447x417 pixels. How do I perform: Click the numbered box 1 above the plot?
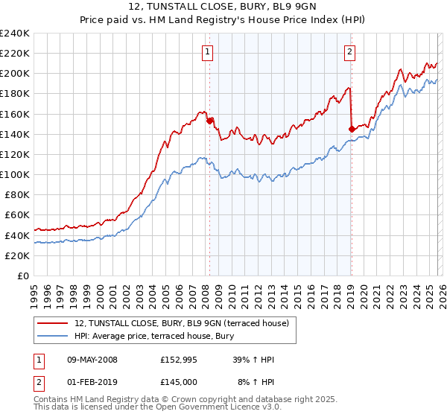pyautogui.click(x=207, y=52)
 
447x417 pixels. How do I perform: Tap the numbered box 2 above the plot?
pyautogui.click(x=349, y=52)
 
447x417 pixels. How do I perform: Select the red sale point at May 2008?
pyautogui.click(x=209, y=121)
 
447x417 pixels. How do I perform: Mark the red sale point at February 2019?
pyautogui.click(x=351, y=129)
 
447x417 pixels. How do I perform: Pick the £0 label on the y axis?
pyautogui.click(x=22, y=276)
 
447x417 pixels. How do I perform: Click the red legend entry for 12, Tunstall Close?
pyautogui.click(x=186, y=322)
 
